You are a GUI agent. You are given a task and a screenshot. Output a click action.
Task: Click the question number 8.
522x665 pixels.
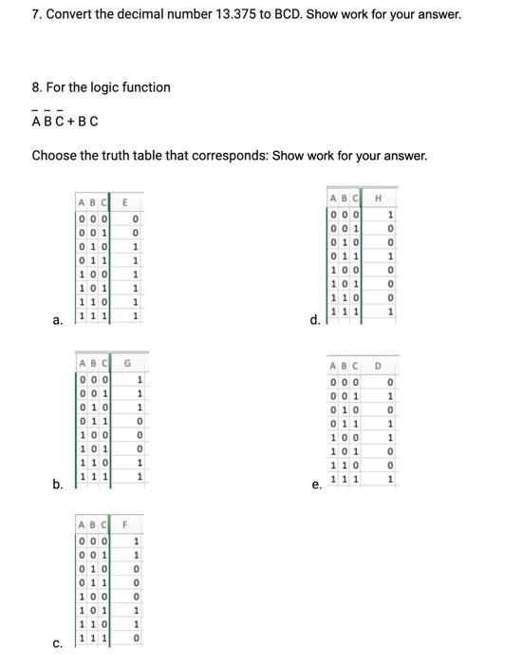[36, 87]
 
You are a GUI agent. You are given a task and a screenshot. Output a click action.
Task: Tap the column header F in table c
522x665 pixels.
[123, 523]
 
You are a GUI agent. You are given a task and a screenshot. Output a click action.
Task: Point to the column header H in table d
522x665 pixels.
[379, 197]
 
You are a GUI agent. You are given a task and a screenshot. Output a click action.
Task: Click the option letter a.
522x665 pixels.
[57, 320]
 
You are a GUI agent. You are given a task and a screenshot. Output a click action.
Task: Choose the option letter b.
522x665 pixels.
[57, 484]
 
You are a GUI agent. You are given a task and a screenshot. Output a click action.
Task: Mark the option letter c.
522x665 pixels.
[57, 645]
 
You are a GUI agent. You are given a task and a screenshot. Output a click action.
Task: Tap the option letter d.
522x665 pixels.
[315, 320]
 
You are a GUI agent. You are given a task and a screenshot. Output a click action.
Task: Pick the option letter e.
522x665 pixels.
[316, 484]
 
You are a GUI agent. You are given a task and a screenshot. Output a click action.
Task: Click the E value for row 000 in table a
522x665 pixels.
[137, 218]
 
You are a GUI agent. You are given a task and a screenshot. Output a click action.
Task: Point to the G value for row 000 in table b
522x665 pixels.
[140, 381]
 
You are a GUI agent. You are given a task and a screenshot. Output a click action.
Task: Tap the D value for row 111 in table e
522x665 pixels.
[390, 479]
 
